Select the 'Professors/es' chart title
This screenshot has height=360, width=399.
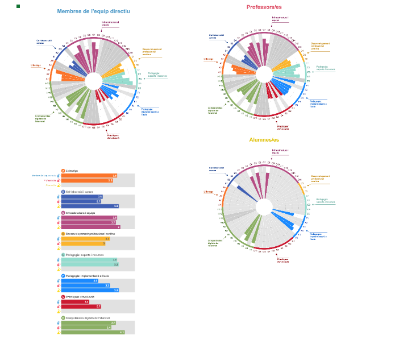(x=264, y=7)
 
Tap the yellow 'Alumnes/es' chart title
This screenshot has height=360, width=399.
(x=264, y=140)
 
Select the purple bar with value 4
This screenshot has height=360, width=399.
(x=90, y=227)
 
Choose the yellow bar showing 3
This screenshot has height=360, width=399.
(x=83, y=243)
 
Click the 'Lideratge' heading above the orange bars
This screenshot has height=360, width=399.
(x=72, y=171)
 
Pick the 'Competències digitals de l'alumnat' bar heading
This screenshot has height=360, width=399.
(x=88, y=318)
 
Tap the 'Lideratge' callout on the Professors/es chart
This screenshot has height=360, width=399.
(x=209, y=59)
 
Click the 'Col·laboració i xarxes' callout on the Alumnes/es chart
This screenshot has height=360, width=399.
(x=217, y=169)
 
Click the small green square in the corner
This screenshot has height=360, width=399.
(x=18, y=6)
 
